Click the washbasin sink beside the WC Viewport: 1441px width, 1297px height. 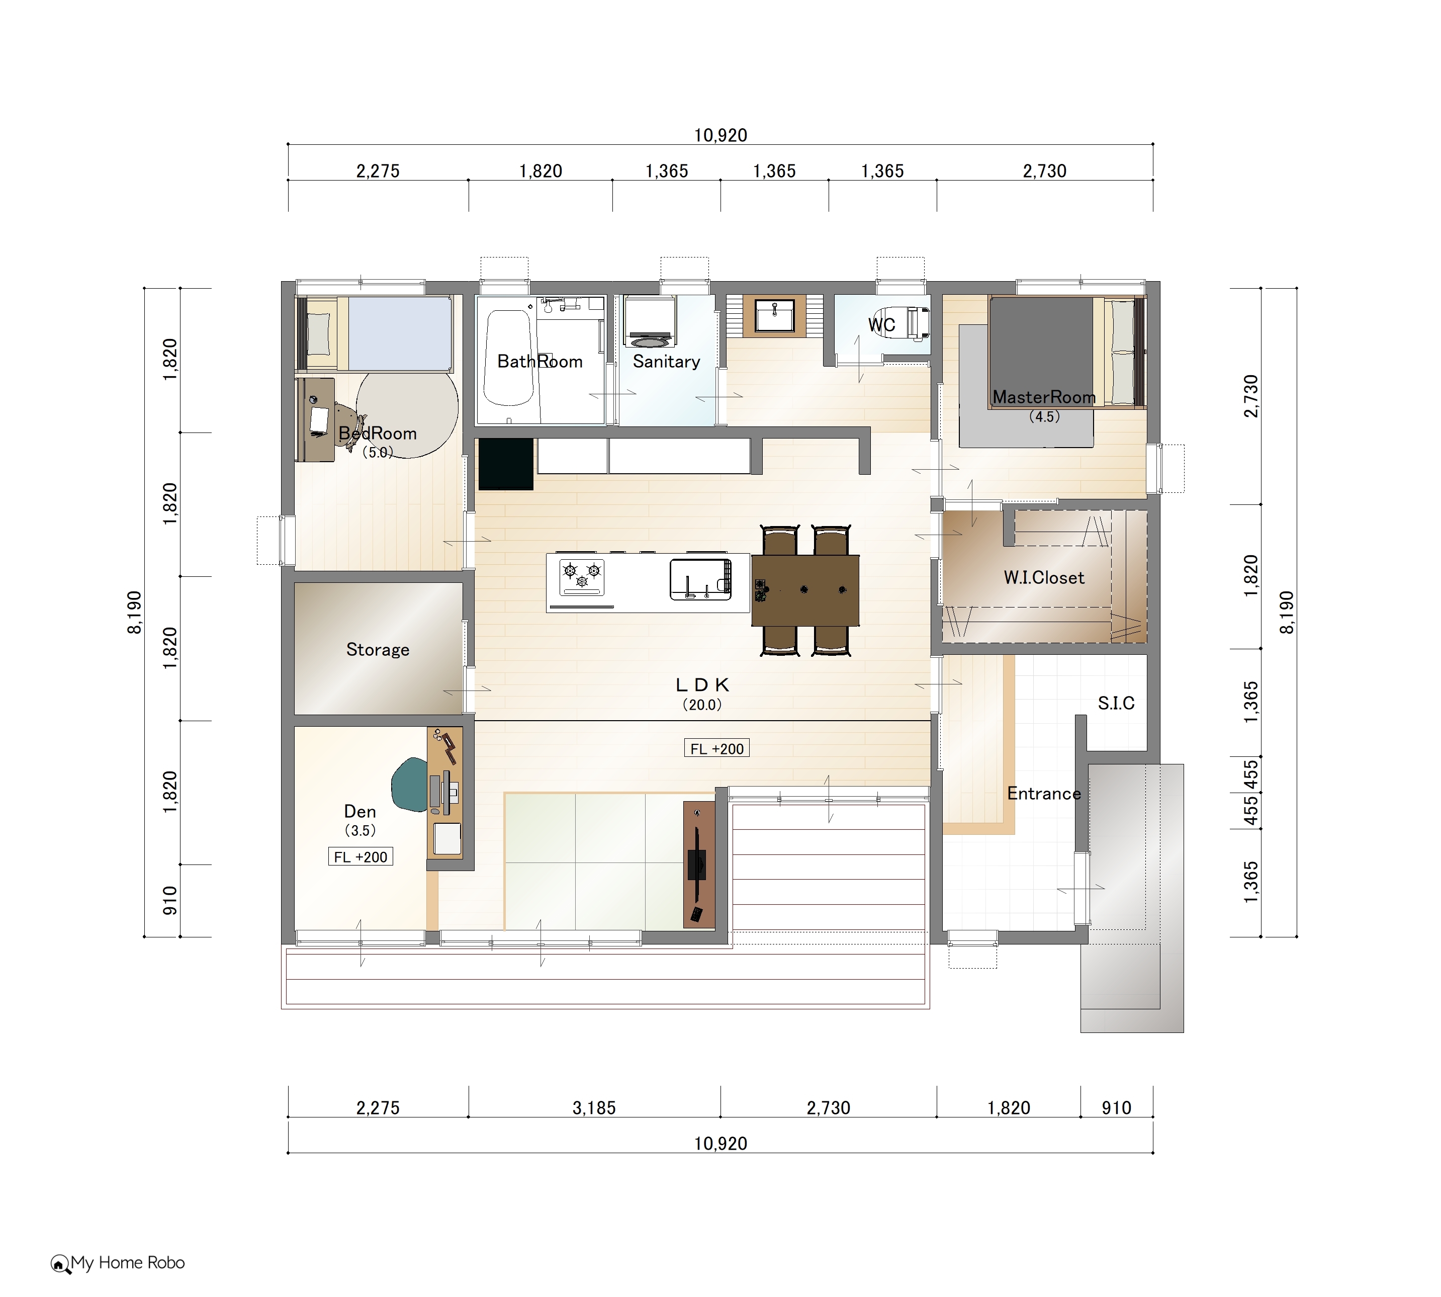(774, 316)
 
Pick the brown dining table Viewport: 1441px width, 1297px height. (805, 590)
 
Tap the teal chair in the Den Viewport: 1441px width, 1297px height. (410, 785)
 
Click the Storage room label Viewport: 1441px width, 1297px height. (378, 650)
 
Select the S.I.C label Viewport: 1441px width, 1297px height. (1116, 704)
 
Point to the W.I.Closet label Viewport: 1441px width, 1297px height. (1044, 577)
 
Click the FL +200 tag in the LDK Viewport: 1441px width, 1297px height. (716, 748)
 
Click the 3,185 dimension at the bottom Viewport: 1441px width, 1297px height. (594, 1108)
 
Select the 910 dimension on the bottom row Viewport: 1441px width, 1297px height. (1116, 1108)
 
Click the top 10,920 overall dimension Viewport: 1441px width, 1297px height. (721, 135)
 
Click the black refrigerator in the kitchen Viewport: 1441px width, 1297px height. (506, 464)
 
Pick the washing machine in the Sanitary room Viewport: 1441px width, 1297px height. (650, 322)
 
